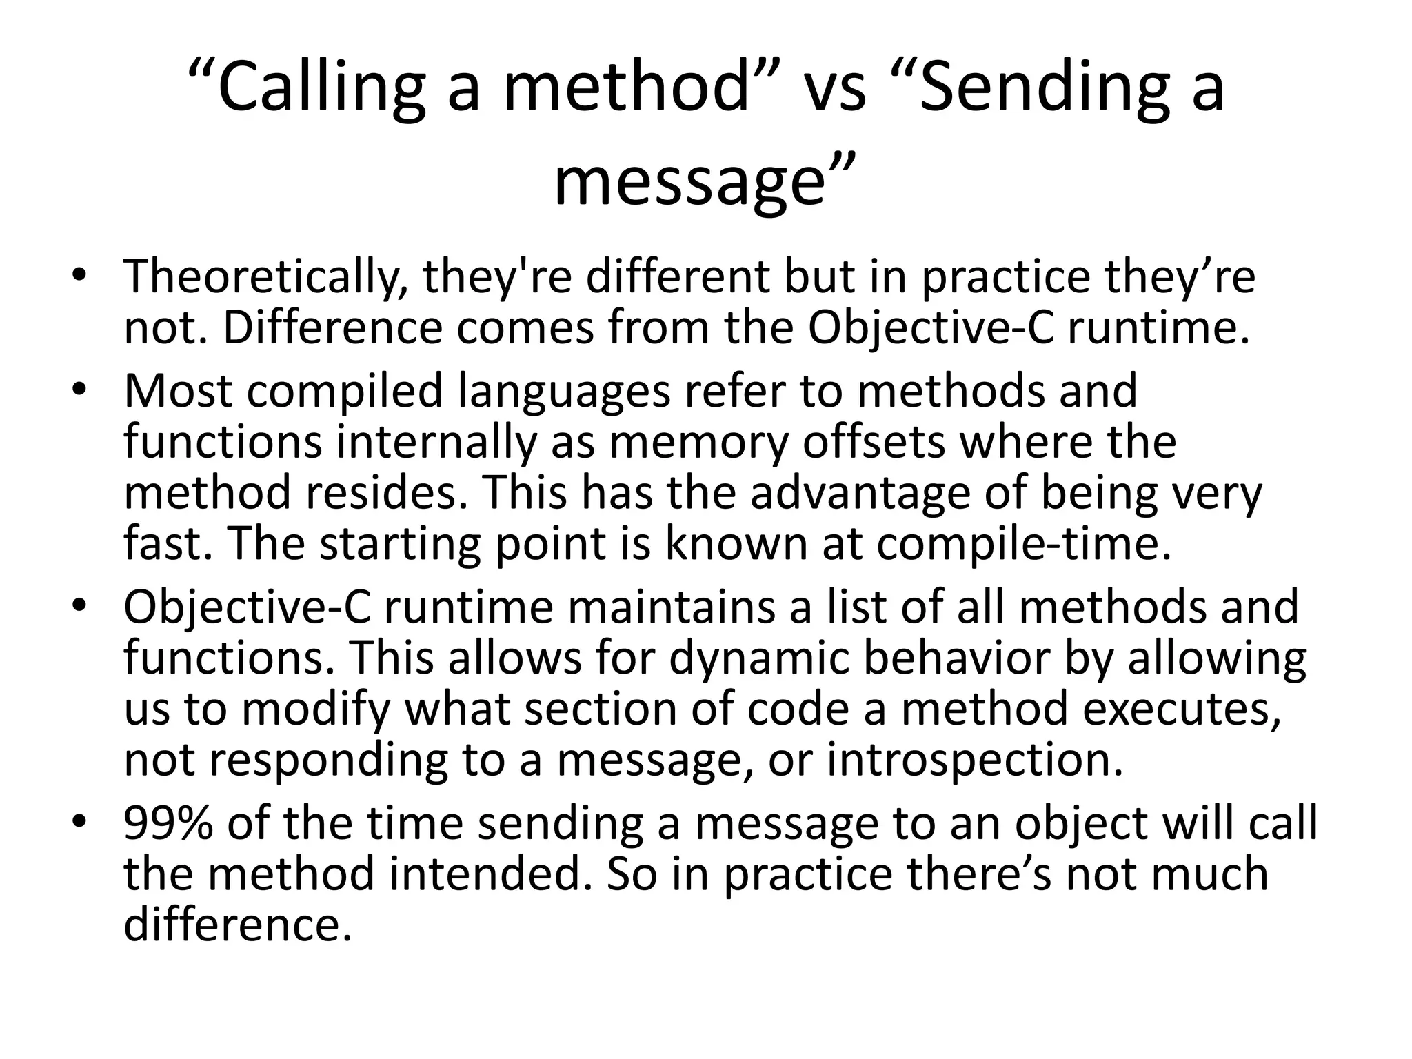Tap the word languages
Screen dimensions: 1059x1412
[564, 391]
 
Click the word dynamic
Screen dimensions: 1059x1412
[760, 658]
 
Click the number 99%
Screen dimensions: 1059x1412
[168, 823]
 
